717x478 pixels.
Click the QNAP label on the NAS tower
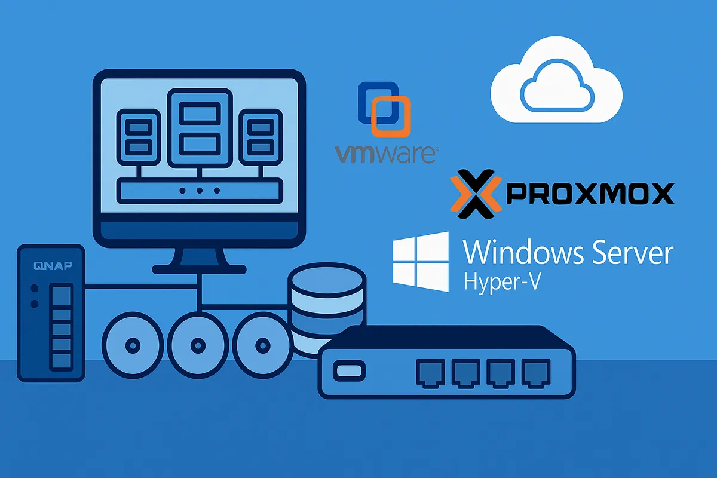tap(53, 266)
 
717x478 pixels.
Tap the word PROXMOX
tap(590, 194)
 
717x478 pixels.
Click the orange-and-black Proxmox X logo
tap(476, 194)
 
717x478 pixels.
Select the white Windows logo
tap(421, 262)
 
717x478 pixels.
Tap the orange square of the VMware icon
tap(391, 117)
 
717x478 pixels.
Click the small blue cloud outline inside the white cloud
tap(557, 85)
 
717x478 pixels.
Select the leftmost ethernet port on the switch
tap(431, 373)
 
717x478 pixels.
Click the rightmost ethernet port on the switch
tap(536, 373)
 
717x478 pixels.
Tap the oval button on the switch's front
tap(349, 371)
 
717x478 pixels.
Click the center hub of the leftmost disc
tap(133, 345)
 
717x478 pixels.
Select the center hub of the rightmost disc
tap(263, 345)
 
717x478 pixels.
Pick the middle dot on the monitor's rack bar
tap(200, 191)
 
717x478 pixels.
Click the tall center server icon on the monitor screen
tap(200, 128)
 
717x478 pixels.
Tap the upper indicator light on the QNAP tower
tap(35, 288)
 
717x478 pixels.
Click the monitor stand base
tap(199, 269)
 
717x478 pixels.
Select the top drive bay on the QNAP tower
tap(61, 293)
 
